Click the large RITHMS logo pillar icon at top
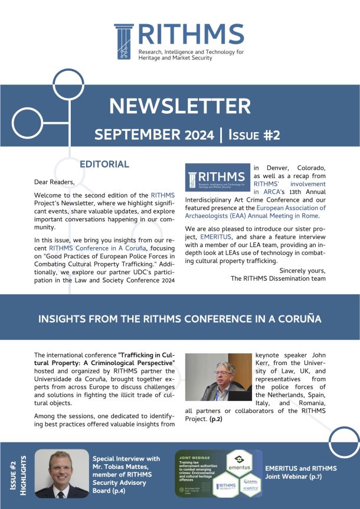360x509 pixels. pos(125,42)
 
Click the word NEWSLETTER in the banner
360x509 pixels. pos(179,106)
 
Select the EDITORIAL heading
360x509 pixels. pos(104,163)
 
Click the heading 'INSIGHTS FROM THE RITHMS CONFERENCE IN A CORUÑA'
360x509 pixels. pos(179,319)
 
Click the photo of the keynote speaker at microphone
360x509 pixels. pos(218,377)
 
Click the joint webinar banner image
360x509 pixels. pos(218,473)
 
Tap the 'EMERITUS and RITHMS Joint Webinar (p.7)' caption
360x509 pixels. pos(301,472)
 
